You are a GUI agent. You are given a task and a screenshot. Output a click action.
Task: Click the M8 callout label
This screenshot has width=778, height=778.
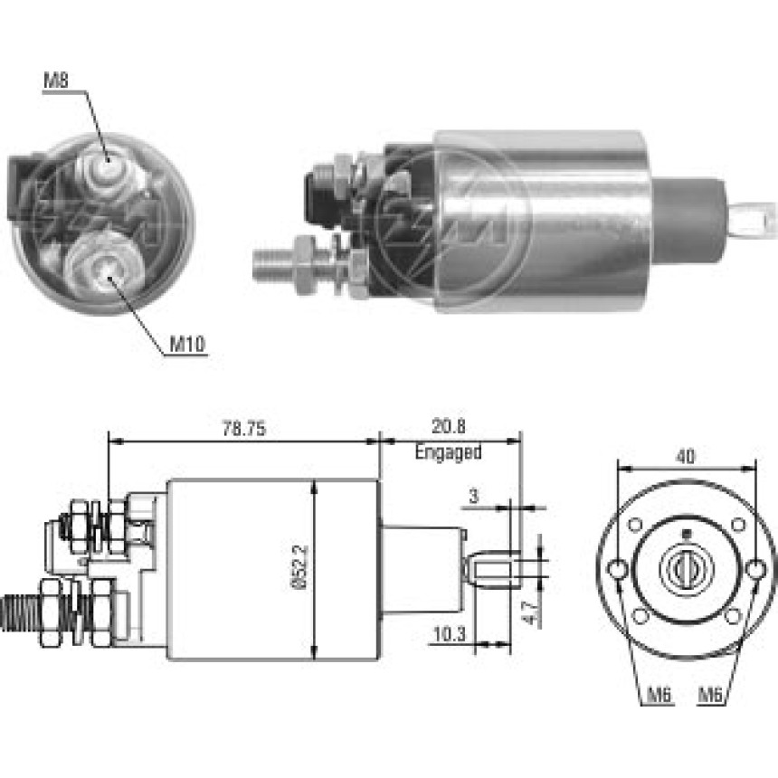[56, 81]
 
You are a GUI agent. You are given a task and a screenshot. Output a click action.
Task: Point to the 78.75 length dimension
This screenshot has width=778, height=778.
[243, 429]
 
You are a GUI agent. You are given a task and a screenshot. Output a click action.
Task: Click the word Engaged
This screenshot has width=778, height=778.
[448, 452]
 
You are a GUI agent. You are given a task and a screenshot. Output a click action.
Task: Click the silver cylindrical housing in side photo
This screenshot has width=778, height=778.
[543, 222]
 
